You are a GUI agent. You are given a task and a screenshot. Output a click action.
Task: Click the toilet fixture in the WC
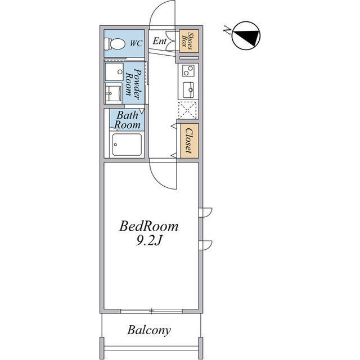point(114,44)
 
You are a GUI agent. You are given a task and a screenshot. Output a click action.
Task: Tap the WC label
point(136,43)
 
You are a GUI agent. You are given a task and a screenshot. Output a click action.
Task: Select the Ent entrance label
point(159,41)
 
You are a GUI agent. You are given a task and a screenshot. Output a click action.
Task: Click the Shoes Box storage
point(189,41)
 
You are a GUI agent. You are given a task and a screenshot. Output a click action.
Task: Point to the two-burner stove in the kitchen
point(188,70)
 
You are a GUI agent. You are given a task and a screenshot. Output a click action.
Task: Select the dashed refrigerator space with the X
point(187,110)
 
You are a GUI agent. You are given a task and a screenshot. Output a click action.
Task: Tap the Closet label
point(189,141)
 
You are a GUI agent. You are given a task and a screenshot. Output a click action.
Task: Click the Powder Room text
point(134,82)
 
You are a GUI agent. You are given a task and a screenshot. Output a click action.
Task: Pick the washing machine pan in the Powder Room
point(114,72)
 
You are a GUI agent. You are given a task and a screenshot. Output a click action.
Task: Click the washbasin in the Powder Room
point(114,93)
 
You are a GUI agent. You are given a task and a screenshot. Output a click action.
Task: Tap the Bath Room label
point(128,120)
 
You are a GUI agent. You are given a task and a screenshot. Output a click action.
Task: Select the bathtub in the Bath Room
point(127,145)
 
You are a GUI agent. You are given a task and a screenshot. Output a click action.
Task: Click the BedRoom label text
point(148,226)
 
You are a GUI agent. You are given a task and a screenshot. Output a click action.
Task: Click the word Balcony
point(149,330)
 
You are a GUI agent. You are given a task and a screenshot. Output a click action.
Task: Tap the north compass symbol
point(246,36)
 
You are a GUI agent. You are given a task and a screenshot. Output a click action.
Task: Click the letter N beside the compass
point(227,30)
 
